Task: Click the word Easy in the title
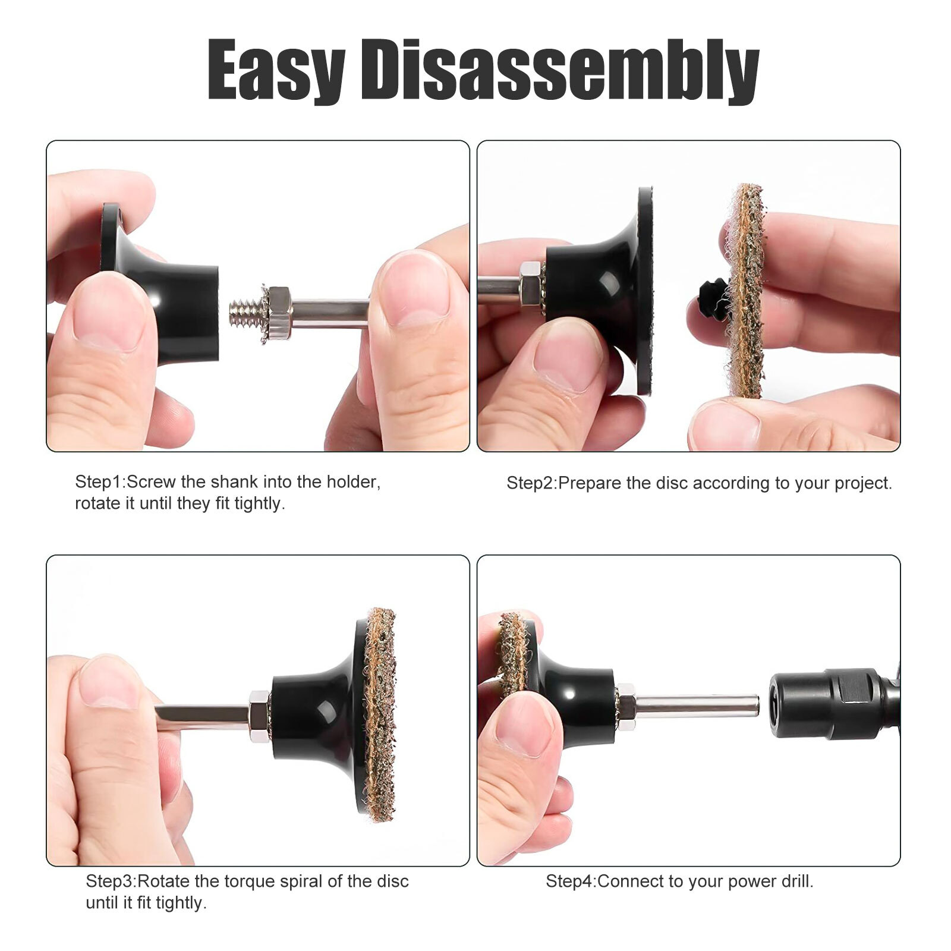276,70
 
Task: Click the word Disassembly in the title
560,70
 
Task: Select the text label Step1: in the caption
100,481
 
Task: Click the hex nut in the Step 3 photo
259,716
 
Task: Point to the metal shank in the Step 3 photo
202,716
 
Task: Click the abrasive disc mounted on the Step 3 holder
379,714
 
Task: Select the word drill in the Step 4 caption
796,881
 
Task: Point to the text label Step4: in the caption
571,881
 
